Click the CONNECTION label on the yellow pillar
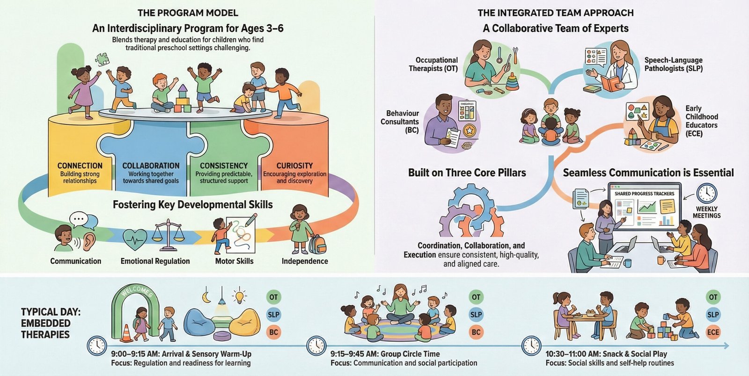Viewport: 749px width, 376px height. (80, 166)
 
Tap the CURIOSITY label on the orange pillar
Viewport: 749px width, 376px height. (294, 166)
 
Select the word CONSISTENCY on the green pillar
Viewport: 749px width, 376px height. (224, 166)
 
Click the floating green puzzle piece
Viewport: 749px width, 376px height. (102, 58)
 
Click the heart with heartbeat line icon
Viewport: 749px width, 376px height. (135, 239)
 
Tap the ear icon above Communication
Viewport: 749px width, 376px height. (89, 240)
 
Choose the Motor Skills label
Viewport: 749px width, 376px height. (234, 261)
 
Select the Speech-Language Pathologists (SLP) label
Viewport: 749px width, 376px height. (673, 64)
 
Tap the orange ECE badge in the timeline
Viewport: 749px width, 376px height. (713, 333)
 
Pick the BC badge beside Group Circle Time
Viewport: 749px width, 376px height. (476, 333)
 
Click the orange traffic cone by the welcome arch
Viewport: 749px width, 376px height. (126, 333)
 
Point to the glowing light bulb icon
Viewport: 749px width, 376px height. (240, 296)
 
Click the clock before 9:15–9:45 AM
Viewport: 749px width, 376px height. (316, 346)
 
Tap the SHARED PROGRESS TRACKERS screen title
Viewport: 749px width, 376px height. (644, 194)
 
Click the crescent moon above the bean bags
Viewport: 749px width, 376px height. (206, 296)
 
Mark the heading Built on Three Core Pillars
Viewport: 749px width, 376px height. (467, 173)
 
